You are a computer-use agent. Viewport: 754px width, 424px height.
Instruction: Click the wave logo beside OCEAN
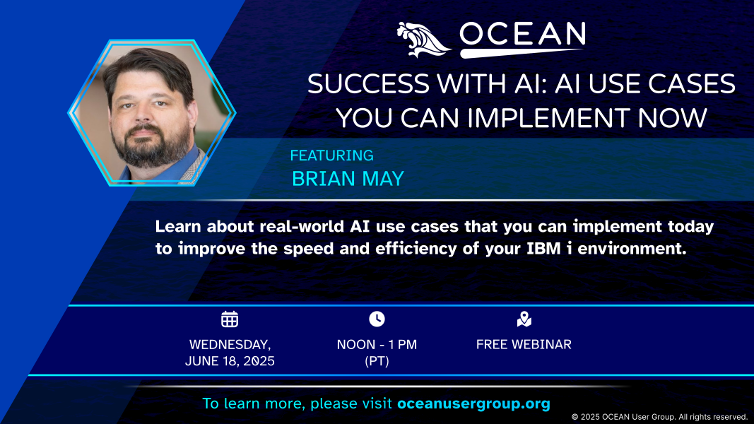[x=424, y=40]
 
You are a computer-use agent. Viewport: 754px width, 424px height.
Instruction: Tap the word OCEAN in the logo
[x=522, y=34]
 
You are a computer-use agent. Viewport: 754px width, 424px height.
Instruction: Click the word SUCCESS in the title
[x=368, y=83]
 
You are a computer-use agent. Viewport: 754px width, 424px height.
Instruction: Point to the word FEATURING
[x=332, y=155]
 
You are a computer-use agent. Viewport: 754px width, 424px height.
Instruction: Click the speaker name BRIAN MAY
[x=348, y=179]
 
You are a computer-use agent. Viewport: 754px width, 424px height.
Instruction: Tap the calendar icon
[x=230, y=319]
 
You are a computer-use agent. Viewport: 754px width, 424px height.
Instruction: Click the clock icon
[x=377, y=319]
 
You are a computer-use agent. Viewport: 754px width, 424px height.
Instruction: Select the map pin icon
[x=524, y=319]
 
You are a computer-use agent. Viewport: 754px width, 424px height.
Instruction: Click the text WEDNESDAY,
[x=230, y=345]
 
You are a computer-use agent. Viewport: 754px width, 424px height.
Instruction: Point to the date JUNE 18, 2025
[x=230, y=361]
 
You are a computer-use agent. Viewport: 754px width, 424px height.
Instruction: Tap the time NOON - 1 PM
[x=377, y=345]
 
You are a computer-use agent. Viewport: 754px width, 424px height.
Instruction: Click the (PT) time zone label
[x=377, y=361]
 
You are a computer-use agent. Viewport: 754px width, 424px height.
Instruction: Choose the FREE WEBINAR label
[x=524, y=345]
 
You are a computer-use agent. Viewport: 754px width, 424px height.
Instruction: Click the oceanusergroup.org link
[x=473, y=404]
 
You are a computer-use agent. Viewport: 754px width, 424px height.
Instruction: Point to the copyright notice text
[x=659, y=417]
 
